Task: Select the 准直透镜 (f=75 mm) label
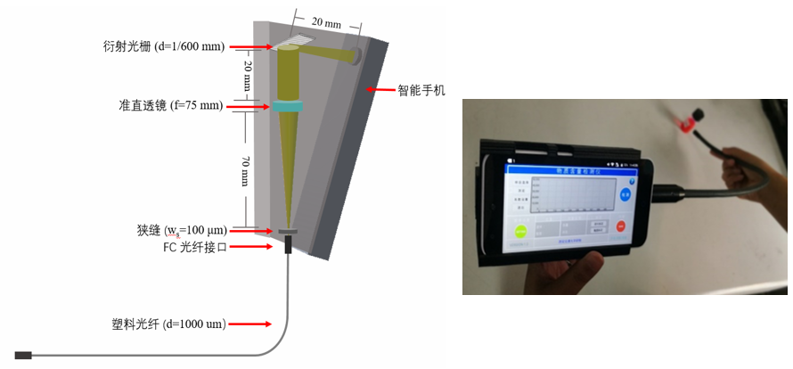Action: click(170, 106)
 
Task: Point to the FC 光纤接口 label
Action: click(193, 247)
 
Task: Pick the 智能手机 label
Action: click(421, 90)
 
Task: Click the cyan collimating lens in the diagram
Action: click(289, 107)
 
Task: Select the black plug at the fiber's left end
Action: click(23, 356)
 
